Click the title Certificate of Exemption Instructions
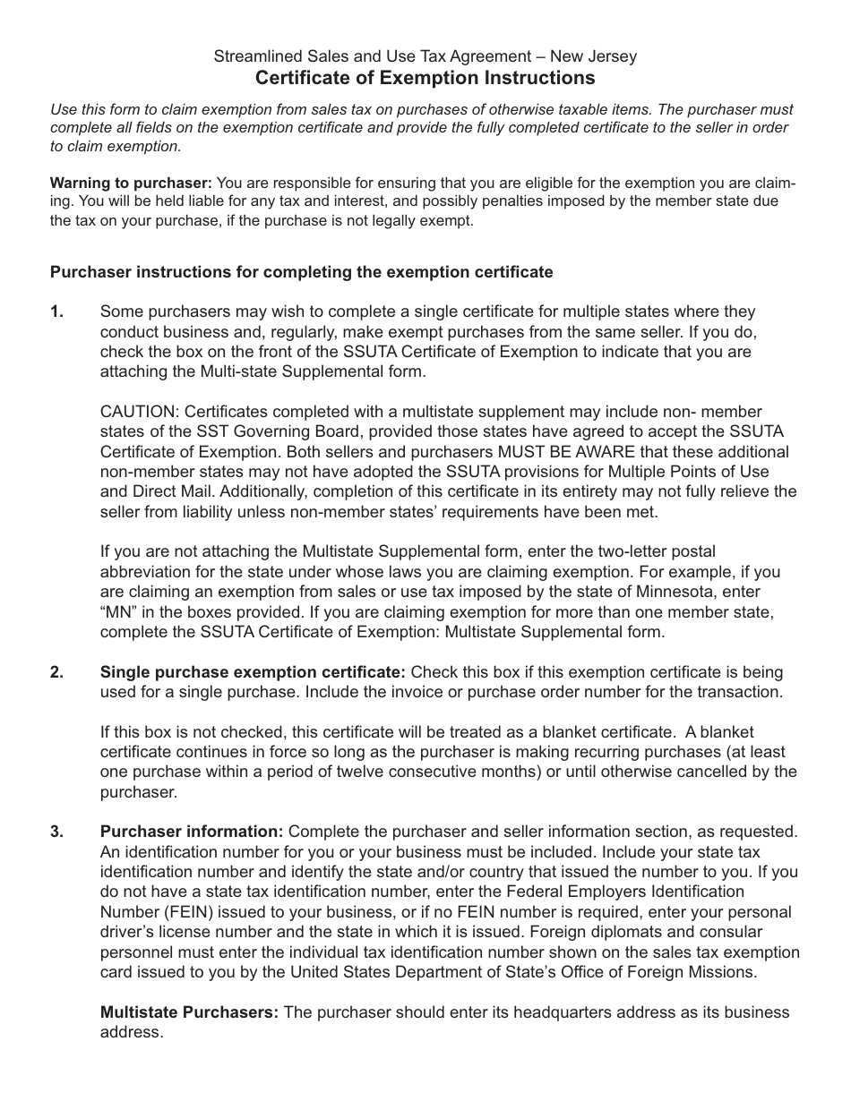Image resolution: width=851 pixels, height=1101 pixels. (425, 78)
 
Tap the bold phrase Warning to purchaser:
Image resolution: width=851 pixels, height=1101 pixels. (131, 183)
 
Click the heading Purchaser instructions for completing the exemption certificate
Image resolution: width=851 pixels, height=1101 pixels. (301, 272)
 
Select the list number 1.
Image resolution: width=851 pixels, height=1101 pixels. (57, 312)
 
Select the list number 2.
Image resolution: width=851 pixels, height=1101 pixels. (57, 672)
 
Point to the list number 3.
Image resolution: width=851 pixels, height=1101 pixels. (57, 832)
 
